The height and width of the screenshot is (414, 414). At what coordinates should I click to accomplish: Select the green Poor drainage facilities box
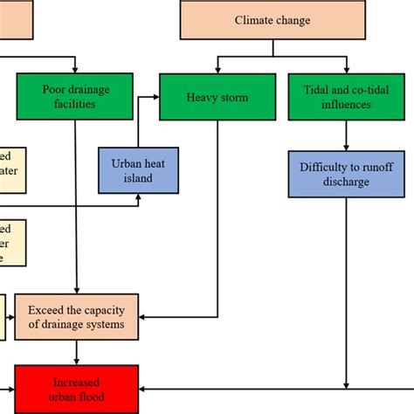click(76, 96)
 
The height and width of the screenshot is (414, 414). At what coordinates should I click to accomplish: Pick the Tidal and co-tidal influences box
click(347, 97)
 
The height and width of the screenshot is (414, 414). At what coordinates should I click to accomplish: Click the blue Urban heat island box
click(138, 170)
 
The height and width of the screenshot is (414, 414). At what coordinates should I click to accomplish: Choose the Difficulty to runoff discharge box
click(347, 173)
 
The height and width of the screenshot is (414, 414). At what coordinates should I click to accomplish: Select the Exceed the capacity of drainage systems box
click(76, 316)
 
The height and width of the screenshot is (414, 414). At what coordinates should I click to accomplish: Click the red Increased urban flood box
click(76, 389)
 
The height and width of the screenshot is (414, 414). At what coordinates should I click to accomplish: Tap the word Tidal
click(316, 89)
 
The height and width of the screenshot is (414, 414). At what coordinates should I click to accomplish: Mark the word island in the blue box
click(138, 178)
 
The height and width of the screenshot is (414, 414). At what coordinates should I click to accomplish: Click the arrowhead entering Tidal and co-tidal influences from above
click(347, 70)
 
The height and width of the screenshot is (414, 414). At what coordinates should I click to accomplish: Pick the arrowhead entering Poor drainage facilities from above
click(76, 69)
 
